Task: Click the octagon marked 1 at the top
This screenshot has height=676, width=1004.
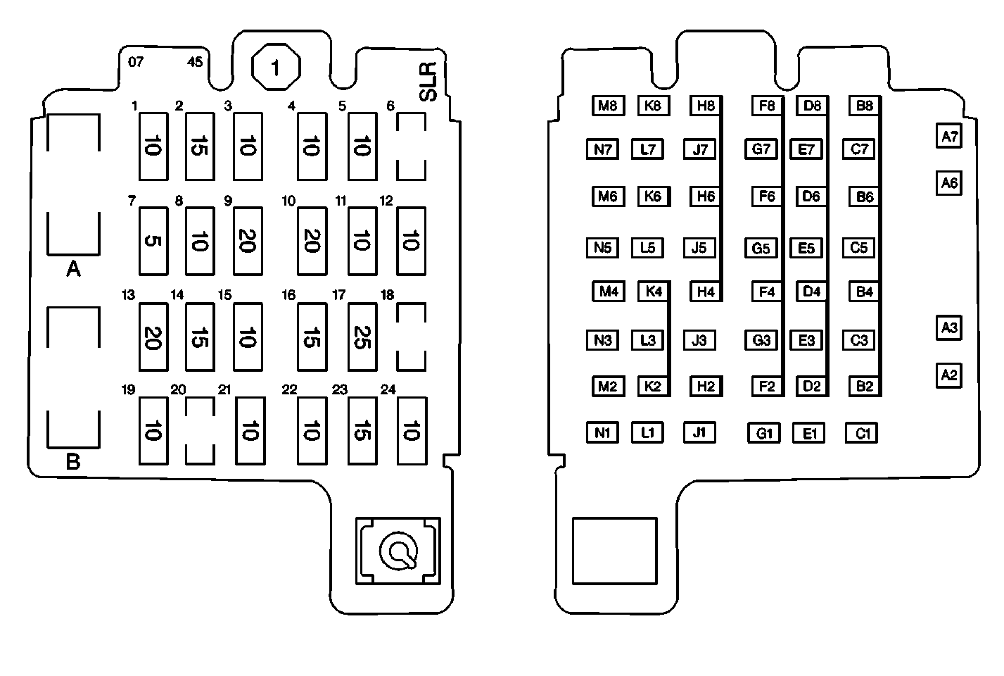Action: pyautogui.click(x=276, y=68)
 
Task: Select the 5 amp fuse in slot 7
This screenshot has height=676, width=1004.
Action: pyautogui.click(x=153, y=241)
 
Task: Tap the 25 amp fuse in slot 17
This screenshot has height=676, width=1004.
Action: pyautogui.click(x=362, y=337)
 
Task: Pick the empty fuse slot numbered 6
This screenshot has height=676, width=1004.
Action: pyautogui.click(x=411, y=146)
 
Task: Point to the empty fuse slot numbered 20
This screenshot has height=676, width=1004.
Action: pyautogui.click(x=199, y=430)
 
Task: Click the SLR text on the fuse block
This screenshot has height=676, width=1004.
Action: pyautogui.click(x=427, y=82)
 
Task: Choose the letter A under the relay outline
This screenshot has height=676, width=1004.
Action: pyautogui.click(x=73, y=269)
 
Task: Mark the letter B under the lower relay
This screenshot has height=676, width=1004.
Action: pyautogui.click(x=73, y=463)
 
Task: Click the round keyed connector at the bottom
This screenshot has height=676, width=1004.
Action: pyautogui.click(x=399, y=551)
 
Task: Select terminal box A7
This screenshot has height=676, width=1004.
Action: pyautogui.click(x=949, y=136)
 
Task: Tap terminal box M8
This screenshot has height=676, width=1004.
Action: pyautogui.click(x=607, y=106)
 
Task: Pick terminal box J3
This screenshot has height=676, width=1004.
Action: pyautogui.click(x=699, y=341)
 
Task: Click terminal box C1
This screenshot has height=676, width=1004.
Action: pyautogui.click(x=862, y=433)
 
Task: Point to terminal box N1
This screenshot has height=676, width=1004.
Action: pyautogui.click(x=602, y=432)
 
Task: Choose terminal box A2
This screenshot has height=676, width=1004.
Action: pyautogui.click(x=949, y=375)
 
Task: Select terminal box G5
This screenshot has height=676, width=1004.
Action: pyautogui.click(x=761, y=248)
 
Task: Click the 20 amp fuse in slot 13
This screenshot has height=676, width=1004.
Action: pyautogui.click(x=153, y=337)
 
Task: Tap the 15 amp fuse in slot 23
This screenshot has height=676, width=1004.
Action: pyautogui.click(x=362, y=430)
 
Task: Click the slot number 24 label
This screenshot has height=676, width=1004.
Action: pyautogui.click(x=388, y=389)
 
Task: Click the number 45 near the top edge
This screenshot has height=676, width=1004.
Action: pyautogui.click(x=195, y=62)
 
